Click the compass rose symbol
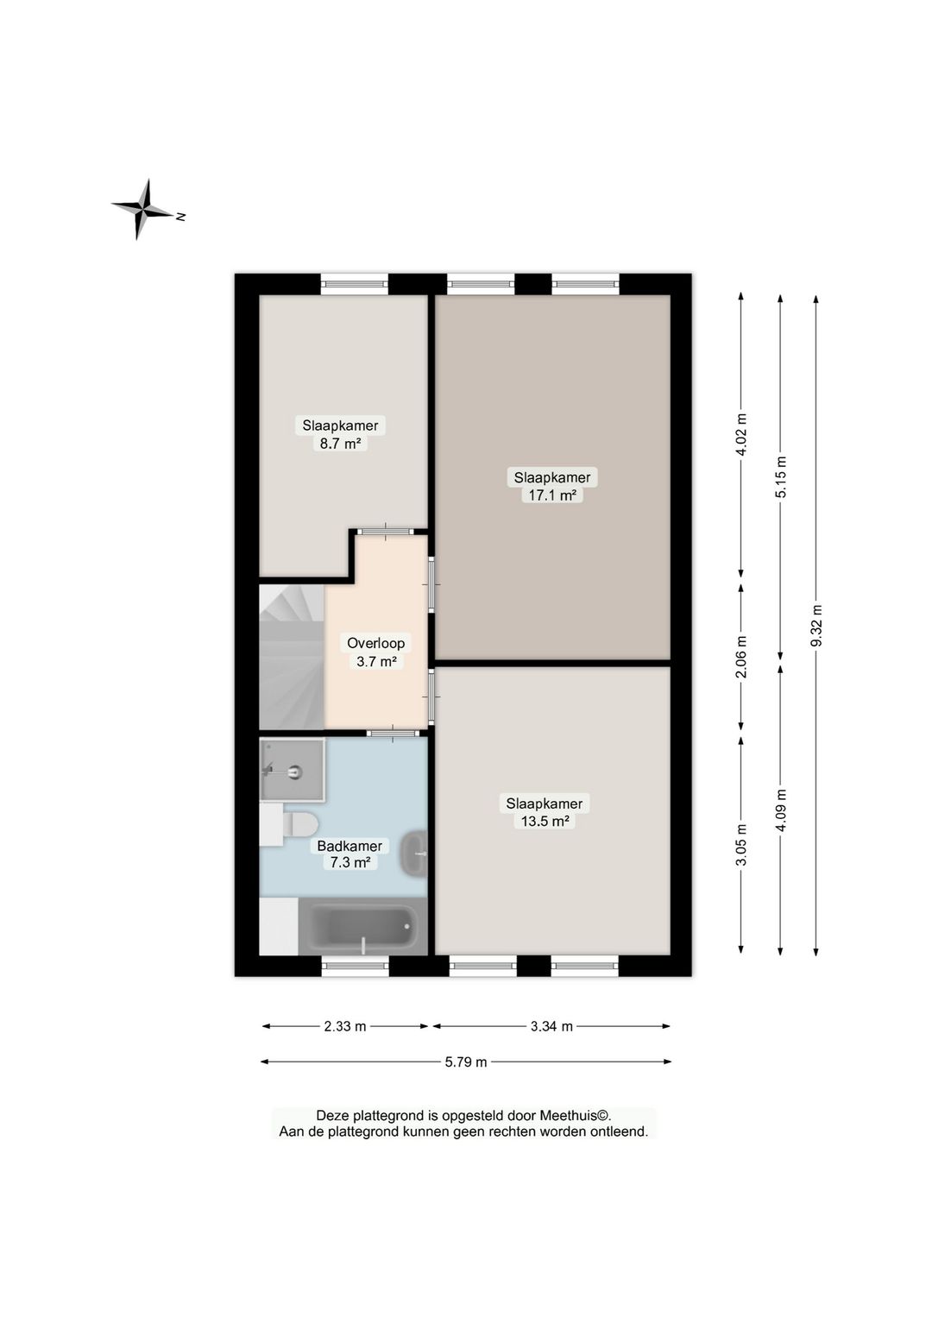point(144,210)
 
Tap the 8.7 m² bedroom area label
point(340,434)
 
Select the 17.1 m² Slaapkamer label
point(552,486)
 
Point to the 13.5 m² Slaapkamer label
point(545,812)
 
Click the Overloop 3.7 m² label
point(376,652)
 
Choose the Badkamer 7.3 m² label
point(349,854)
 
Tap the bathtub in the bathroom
point(363,928)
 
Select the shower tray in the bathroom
point(293,770)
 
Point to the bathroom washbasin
point(415,854)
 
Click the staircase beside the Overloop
point(291,658)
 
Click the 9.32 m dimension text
point(816,625)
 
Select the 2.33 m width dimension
point(345,1026)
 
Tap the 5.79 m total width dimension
point(466,1062)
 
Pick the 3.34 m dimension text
point(551,1026)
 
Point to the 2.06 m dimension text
point(741,657)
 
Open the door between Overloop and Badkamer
point(393,734)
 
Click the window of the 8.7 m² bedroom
point(354,283)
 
